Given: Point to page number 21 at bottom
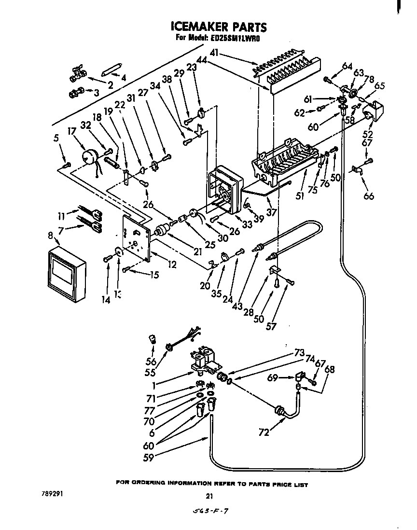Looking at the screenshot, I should pyautogui.click(x=209, y=496).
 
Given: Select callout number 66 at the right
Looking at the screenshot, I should pyautogui.click(x=369, y=196).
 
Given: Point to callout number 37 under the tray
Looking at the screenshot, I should pyautogui.click(x=272, y=212).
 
